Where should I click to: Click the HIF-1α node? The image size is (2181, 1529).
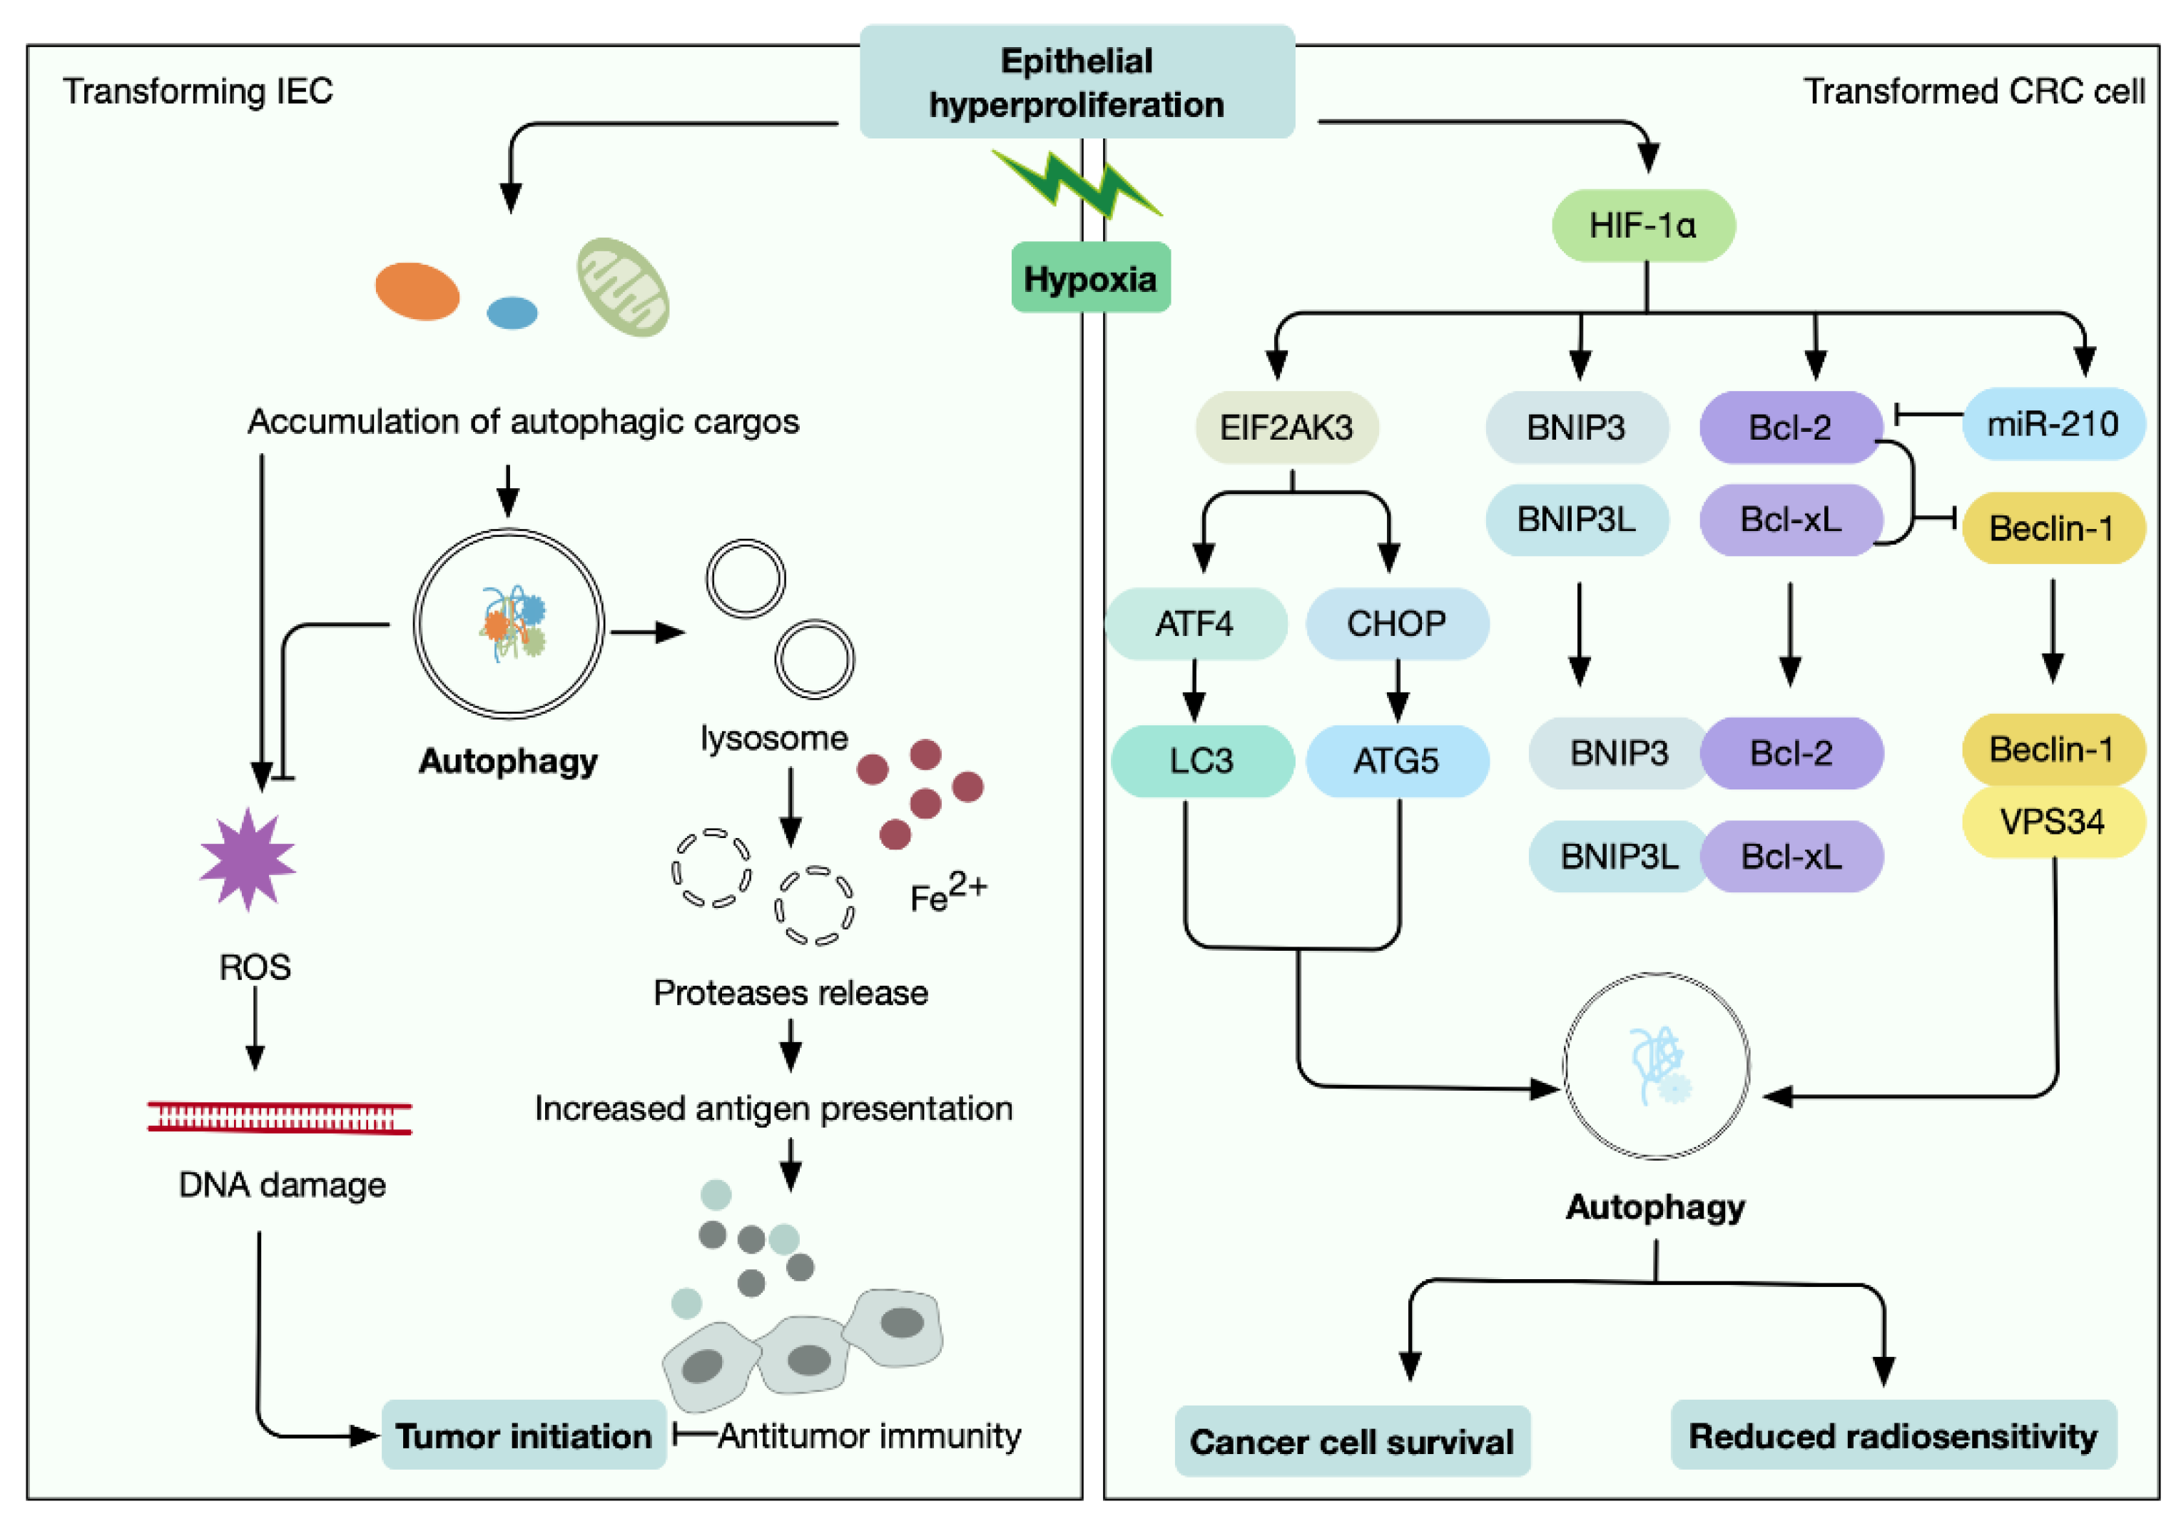point(1642,226)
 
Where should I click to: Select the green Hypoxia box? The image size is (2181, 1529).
point(1089,278)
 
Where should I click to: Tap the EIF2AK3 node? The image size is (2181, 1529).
point(1286,428)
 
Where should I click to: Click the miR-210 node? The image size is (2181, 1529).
point(2053,424)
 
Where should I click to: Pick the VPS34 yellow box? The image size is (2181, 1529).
point(2053,821)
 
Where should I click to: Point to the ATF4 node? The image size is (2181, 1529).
point(1195,623)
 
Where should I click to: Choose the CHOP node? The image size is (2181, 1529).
point(1396,623)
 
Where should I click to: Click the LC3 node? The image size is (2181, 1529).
point(1201,760)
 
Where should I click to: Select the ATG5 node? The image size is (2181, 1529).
point(1396,760)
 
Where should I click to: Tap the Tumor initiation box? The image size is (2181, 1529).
point(524,1435)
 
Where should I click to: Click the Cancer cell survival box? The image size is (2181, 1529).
point(1352,1440)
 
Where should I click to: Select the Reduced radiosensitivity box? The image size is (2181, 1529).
point(1893,1435)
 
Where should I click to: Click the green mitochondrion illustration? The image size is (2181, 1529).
point(623,287)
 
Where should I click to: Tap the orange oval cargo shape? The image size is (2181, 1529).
point(417,291)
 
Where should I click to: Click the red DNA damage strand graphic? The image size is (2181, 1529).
point(279,1118)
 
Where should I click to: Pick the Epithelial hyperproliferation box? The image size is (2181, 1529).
point(1077,81)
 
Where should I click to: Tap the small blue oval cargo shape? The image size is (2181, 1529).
point(512,313)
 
